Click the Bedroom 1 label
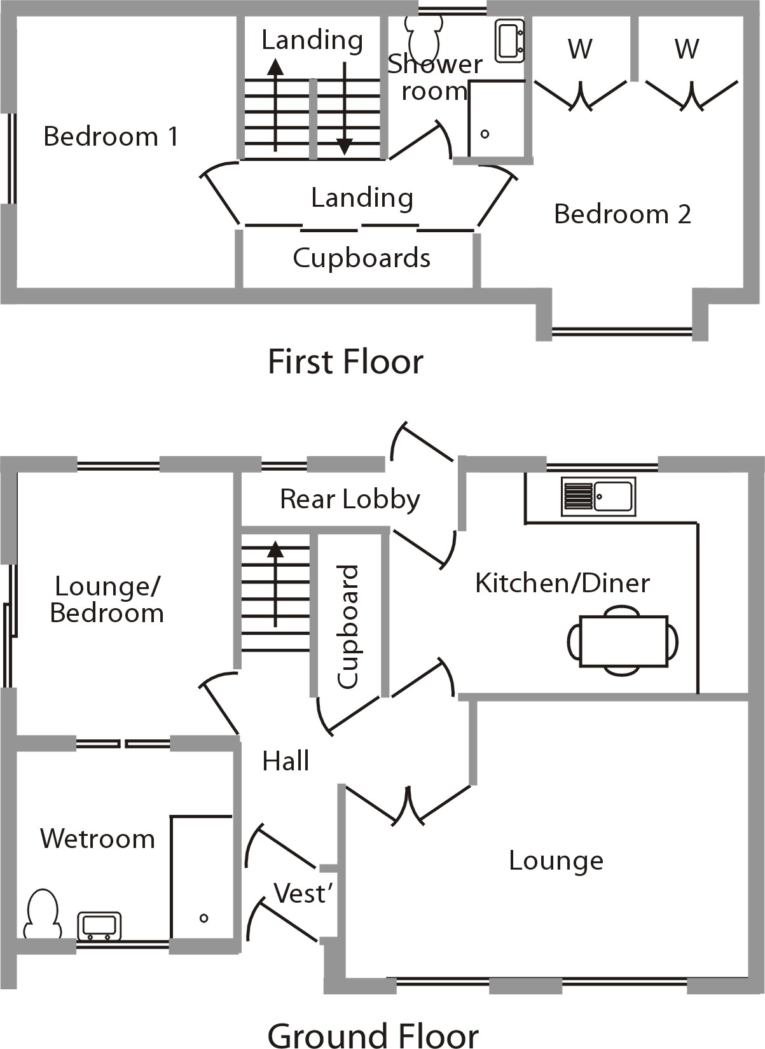[x=111, y=137]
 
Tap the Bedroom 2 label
[x=622, y=214]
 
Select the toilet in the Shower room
[x=424, y=36]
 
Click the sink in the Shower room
[x=510, y=41]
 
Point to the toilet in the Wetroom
[x=43, y=914]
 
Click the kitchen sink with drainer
[x=598, y=496]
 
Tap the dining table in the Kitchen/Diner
[x=623, y=641]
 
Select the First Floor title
[x=345, y=362]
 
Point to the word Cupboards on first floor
[x=361, y=258]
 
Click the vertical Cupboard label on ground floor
[x=348, y=627]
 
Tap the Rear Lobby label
[x=350, y=499]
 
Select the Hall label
[x=286, y=761]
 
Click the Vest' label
[x=303, y=893]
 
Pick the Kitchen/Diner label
[x=562, y=583]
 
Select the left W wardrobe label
[x=580, y=49]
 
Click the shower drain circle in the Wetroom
[x=203, y=918]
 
